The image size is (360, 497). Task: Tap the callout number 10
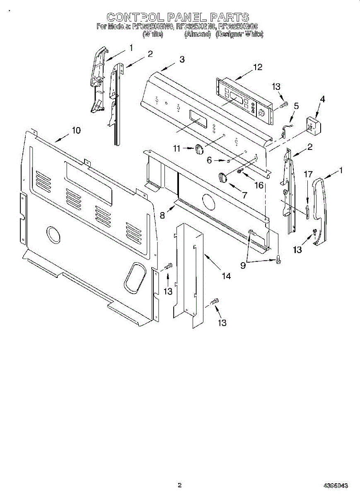[x=76, y=130]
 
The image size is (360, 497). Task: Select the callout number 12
[x=258, y=68]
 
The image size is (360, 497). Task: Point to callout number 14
[x=226, y=276]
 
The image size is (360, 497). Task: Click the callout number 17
[x=308, y=174]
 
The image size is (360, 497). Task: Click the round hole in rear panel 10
[x=53, y=234]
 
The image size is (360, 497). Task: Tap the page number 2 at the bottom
[x=179, y=485]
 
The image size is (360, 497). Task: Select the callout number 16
[x=259, y=185]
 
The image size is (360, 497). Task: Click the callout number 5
[x=296, y=106]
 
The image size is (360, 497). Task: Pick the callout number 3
[x=182, y=59]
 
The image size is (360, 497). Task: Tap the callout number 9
[x=243, y=265]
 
